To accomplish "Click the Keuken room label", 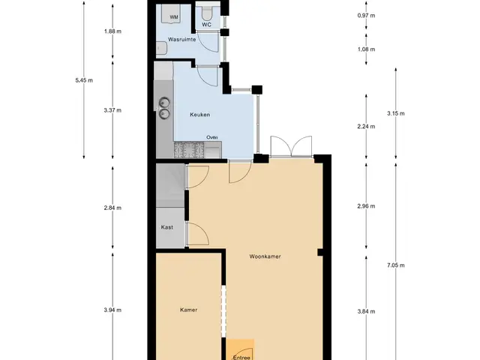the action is (x=200, y=115).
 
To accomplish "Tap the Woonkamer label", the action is (x=265, y=256).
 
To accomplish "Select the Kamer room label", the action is (x=188, y=310).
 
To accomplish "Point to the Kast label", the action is (x=166, y=227).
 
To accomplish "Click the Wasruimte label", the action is (x=181, y=40).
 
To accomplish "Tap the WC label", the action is (x=207, y=25).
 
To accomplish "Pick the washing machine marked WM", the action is (x=171, y=13).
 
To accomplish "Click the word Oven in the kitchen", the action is (x=211, y=137).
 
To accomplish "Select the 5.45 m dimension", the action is (x=84, y=80).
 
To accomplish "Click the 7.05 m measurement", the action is (x=396, y=265).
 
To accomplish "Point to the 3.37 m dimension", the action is (x=112, y=110).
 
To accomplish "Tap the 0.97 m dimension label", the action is (x=366, y=16).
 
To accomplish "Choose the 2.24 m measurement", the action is (x=366, y=127).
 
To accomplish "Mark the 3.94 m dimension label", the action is (x=112, y=310).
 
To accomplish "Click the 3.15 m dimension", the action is (x=396, y=113).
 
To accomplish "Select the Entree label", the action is (x=241, y=357).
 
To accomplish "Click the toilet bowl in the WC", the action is (x=207, y=12).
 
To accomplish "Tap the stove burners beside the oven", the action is (x=189, y=150).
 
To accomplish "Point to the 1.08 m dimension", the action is (x=366, y=49).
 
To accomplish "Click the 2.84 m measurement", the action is (x=112, y=208).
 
